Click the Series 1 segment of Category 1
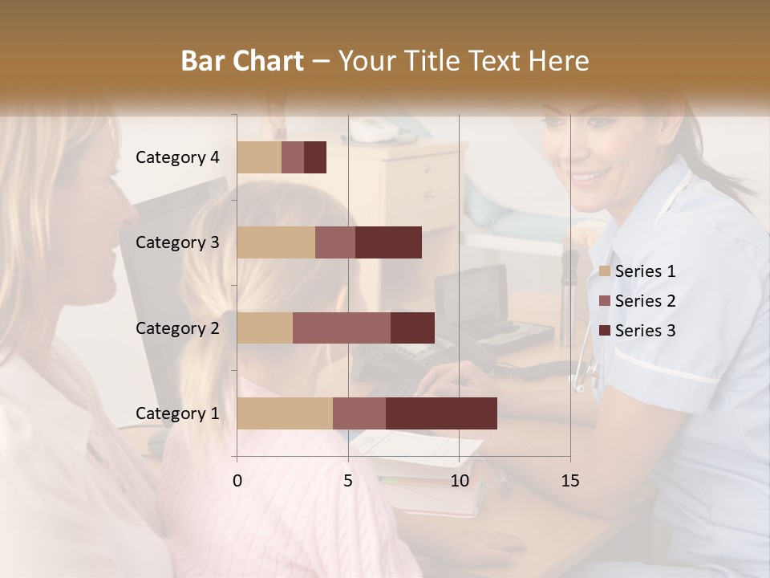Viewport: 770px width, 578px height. point(285,413)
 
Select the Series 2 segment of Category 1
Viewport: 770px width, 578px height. point(359,413)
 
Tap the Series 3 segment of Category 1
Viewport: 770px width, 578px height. point(441,413)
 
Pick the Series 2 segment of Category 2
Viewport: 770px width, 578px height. point(342,328)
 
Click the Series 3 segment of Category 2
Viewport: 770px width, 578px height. point(412,328)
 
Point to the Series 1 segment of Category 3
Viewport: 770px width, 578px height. point(276,242)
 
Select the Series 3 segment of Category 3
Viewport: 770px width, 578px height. point(388,242)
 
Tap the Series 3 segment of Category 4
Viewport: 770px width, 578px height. point(315,157)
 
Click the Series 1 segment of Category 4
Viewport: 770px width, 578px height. point(259,157)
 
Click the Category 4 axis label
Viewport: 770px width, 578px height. point(177,157)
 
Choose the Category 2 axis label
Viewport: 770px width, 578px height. point(177,328)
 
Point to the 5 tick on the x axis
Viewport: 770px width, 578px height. point(348,481)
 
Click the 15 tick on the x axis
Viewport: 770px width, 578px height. point(569,481)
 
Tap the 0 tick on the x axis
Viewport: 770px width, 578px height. point(237,481)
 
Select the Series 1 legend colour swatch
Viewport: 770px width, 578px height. point(604,271)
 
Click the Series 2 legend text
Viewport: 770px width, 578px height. point(645,301)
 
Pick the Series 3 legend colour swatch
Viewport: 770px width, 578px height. point(604,331)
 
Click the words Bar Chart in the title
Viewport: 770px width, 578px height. point(242,61)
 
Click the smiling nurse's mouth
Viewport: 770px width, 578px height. point(590,174)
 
